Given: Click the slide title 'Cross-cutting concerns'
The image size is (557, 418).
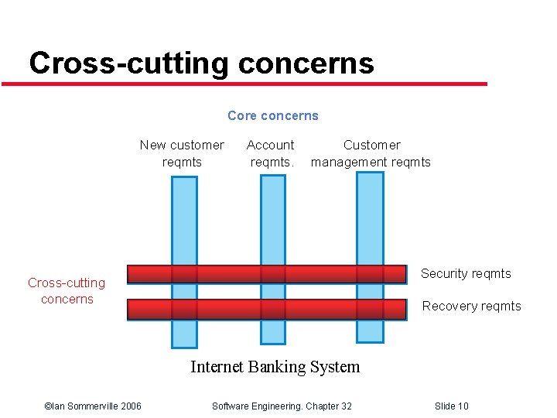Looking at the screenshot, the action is click(201, 63).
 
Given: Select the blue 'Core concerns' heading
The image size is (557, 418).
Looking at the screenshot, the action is click(272, 115).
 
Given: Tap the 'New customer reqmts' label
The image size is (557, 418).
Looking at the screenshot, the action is click(182, 153).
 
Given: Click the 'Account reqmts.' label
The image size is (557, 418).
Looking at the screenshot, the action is click(271, 153).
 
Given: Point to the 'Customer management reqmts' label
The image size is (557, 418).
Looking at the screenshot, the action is click(371, 153).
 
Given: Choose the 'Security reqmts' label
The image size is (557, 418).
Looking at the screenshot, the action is click(466, 273).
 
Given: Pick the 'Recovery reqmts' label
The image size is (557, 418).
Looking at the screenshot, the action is click(471, 306).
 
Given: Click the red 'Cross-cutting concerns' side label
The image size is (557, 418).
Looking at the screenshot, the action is click(67, 291).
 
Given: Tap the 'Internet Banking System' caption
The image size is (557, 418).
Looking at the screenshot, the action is click(275, 366).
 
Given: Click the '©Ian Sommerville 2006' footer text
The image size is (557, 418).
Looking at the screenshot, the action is click(93, 406).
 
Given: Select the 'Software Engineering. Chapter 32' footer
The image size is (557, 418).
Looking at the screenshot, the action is click(282, 406).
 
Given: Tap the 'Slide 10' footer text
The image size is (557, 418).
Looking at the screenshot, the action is click(451, 406).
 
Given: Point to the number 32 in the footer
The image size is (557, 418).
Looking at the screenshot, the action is click(345, 406).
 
